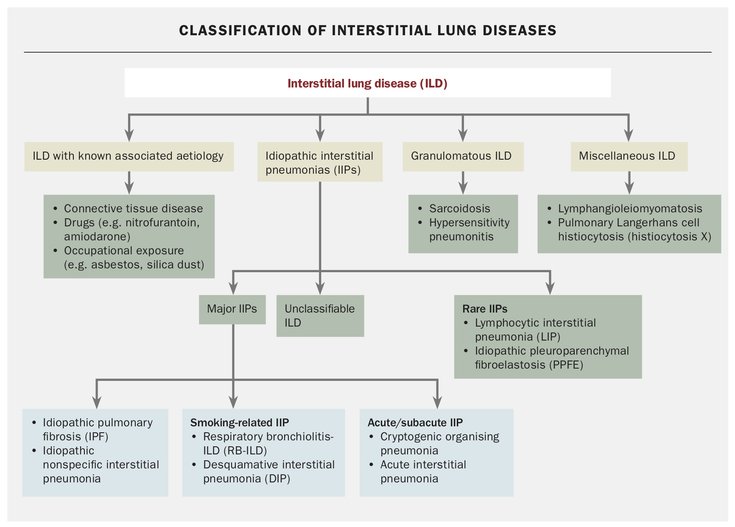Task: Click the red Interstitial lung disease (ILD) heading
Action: [367, 83]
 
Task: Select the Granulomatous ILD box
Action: [462, 156]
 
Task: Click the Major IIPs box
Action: [232, 309]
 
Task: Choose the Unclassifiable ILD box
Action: [320, 316]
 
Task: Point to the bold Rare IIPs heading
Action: [484, 309]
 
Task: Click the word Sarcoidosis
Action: [459, 209]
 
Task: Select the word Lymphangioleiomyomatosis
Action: [630, 209]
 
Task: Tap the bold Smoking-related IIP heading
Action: [239, 423]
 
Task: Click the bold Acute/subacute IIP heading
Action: [415, 423]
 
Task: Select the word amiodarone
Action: [97, 237]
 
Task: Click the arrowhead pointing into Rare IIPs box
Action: [550, 288]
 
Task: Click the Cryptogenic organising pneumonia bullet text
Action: [439, 443]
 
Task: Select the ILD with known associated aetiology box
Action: [129, 156]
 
